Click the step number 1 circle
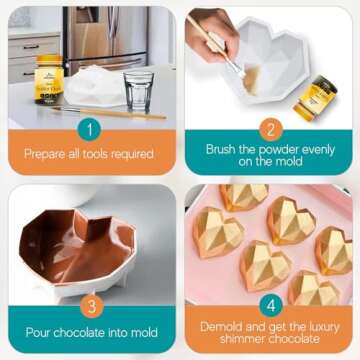90,129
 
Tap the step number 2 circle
271,129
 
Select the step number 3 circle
91,306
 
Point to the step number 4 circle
271,306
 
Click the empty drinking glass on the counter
139,92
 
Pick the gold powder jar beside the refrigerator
49,79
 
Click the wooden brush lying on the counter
109,113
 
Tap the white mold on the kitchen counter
95,86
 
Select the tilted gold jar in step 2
315,98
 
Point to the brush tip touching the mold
242,73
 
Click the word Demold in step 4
222,327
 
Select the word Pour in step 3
38,332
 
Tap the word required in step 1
133,154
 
